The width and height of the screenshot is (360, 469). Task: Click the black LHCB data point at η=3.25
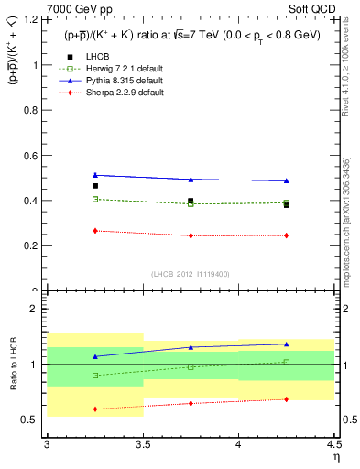tap(94, 186)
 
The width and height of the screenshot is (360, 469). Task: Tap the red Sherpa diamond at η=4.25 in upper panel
tap(287, 235)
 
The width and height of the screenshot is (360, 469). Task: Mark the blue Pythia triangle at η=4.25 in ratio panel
tap(287, 344)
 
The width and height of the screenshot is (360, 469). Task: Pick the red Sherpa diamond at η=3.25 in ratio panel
tap(94, 409)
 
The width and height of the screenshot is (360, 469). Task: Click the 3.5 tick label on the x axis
tap(142, 443)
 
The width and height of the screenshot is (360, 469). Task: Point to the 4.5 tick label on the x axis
tap(333, 443)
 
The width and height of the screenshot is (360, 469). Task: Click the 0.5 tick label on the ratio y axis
tap(29, 420)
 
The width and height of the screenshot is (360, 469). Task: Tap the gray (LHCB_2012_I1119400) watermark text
tap(191, 274)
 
